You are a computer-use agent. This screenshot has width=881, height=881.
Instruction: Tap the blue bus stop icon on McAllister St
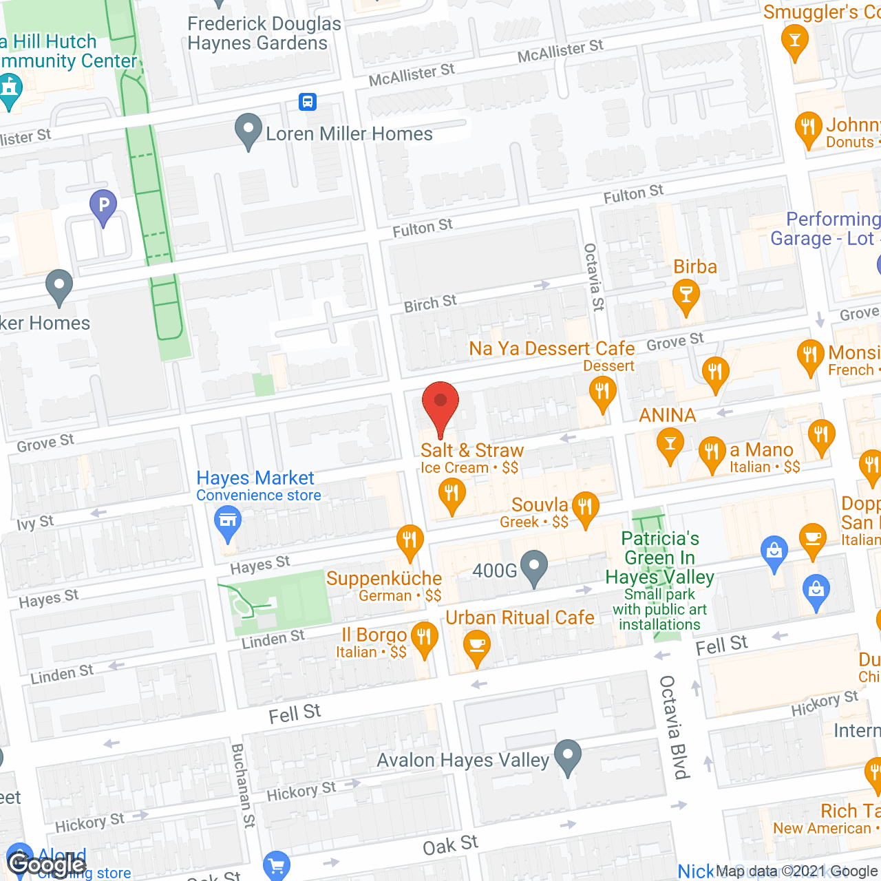pyautogui.click(x=307, y=102)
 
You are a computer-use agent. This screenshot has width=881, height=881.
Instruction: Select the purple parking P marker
pyautogui.click(x=103, y=206)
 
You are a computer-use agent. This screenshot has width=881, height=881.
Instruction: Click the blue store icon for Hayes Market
pyautogui.click(x=227, y=521)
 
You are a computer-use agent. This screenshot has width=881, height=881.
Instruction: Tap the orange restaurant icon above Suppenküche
pyautogui.click(x=410, y=542)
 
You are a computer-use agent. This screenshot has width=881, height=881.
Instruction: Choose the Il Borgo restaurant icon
pyautogui.click(x=424, y=638)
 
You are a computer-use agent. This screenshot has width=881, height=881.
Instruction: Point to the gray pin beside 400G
pyautogui.click(x=534, y=567)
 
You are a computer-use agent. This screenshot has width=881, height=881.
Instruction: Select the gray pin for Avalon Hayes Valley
pyautogui.click(x=567, y=756)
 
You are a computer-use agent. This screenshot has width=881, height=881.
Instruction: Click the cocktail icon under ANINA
pyautogui.click(x=669, y=444)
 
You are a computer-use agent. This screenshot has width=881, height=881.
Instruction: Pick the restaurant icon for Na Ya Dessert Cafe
pyautogui.click(x=602, y=394)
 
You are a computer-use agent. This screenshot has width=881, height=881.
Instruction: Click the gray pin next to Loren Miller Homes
pyautogui.click(x=248, y=130)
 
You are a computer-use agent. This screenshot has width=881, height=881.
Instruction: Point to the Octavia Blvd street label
pyautogui.click(x=675, y=727)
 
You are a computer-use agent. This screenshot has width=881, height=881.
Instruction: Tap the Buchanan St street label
pyautogui.click(x=242, y=785)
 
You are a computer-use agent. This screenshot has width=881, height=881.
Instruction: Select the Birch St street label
pyautogui.click(x=430, y=304)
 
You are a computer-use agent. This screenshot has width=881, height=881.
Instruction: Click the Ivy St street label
pyautogui.click(x=35, y=523)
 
